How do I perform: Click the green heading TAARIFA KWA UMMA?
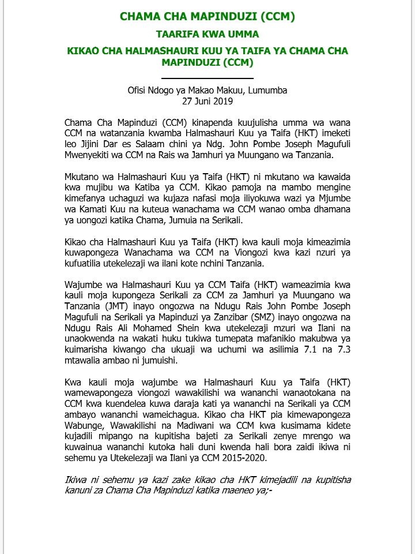[x=207, y=35]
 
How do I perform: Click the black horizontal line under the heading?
[x=207, y=77]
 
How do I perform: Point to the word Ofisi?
[x=139, y=91]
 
